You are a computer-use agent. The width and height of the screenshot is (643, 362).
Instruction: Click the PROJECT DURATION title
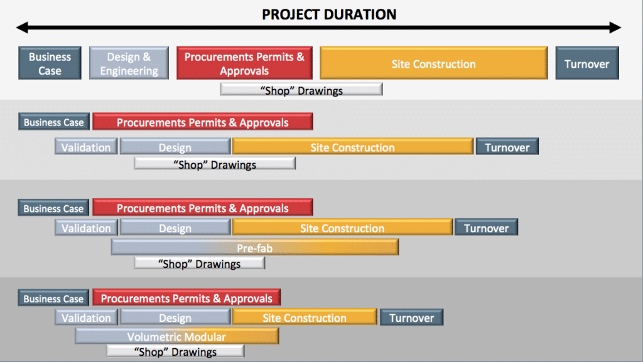pos(329,13)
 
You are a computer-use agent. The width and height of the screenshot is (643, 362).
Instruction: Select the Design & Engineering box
pos(129,63)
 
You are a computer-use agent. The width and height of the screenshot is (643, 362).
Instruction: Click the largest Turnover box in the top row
pos(586,63)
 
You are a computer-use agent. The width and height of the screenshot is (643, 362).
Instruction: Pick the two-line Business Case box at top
pos(50,63)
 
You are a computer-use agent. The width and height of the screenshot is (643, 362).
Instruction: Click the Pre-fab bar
pos(254,248)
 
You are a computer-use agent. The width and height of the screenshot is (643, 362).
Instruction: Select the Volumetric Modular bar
pos(176,337)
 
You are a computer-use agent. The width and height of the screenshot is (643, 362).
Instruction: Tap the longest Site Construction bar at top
pos(433,63)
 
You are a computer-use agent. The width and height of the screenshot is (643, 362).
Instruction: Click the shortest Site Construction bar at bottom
pos(305,318)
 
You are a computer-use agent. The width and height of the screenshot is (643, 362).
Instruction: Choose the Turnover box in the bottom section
pos(411,318)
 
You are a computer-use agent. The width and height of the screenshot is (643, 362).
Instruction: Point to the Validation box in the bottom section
pos(86,318)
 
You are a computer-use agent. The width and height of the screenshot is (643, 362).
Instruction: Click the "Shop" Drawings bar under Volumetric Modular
pos(175,352)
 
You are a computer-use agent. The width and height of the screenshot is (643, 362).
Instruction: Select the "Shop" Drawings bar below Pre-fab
pos(199,264)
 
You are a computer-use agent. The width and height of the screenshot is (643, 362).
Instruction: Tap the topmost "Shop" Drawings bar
pos(301,90)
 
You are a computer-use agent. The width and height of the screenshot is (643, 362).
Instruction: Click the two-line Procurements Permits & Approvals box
pos(244,63)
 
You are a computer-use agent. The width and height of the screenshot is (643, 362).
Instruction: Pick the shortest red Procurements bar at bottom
pos(186,299)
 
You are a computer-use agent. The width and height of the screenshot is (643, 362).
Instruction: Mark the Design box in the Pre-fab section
pos(175,228)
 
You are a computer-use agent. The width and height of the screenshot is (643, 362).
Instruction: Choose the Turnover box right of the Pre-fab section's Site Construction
pos(486,228)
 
